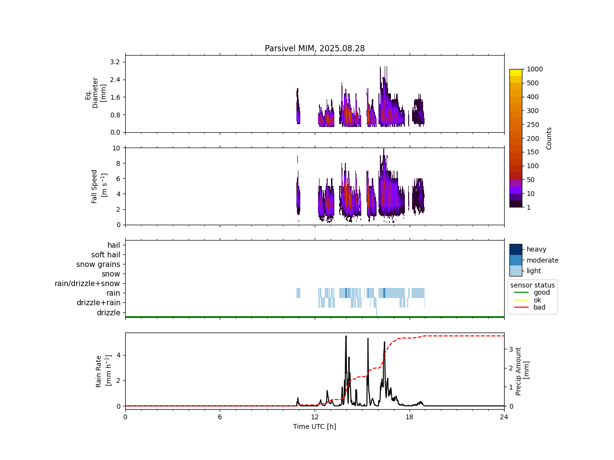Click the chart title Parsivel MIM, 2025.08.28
pyautogui.click(x=315, y=48)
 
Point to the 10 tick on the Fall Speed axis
pyautogui.click(x=116, y=148)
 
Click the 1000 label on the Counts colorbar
pyautogui.click(x=535, y=69)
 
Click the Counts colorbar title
pyautogui.click(x=549, y=138)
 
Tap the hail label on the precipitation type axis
pyautogui.click(x=114, y=245)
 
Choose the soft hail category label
pyautogui.click(x=106, y=255)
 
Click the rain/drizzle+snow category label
pyautogui.click(x=87, y=284)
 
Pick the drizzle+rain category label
pyautogui.click(x=98, y=303)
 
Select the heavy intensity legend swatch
pyautogui.click(x=516, y=249)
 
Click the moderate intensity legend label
pyautogui.click(x=543, y=260)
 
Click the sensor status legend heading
pyautogui.click(x=532, y=285)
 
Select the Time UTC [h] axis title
pyautogui.click(x=315, y=426)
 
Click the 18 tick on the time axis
pyautogui.click(x=409, y=417)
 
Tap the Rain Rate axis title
pyautogui.click(x=102, y=371)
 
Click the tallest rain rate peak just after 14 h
pyautogui.click(x=346, y=336)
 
